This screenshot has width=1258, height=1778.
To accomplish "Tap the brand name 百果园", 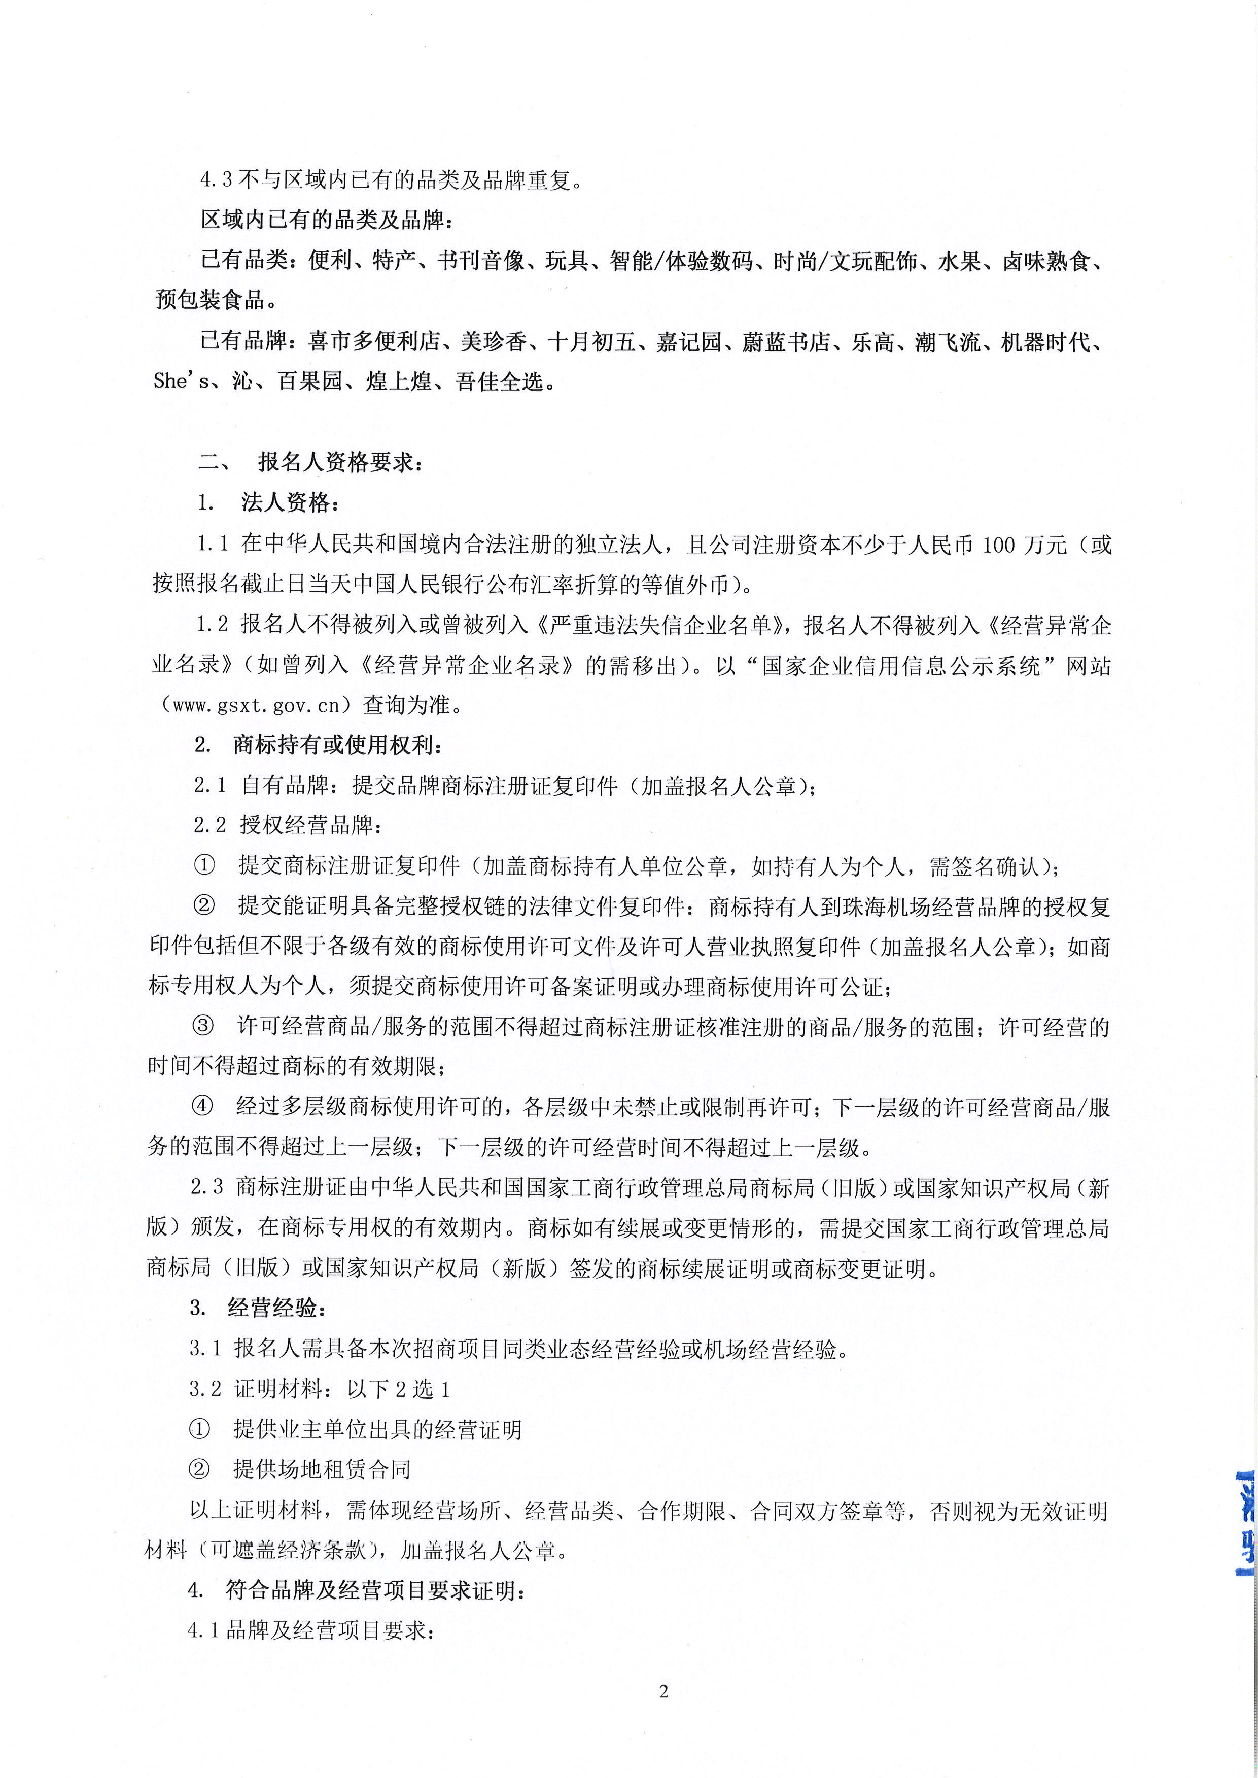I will [x=310, y=382].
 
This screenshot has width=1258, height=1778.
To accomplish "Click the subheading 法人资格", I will [x=290, y=503].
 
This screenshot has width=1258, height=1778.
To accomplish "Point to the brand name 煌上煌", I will [x=398, y=382].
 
